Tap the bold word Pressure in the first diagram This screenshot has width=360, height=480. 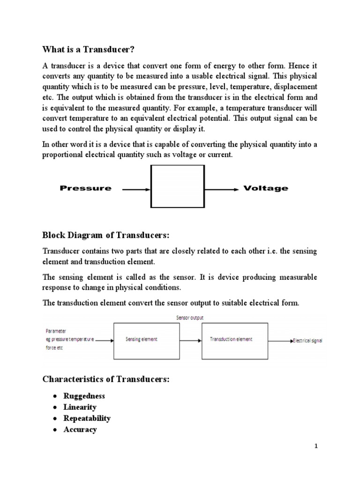[86, 188]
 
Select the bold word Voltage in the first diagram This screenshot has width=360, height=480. [266, 188]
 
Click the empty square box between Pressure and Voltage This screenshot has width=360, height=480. [177, 186]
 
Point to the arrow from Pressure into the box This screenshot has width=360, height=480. [136, 189]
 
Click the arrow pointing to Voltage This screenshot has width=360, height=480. [221, 189]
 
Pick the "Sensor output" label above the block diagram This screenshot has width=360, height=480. [190, 318]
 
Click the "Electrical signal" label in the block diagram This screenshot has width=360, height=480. [307, 340]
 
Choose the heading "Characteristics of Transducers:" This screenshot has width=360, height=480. [105, 379]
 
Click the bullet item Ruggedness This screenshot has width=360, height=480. [84, 396]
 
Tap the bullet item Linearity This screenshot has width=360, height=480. [80, 407]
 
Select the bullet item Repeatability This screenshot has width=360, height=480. [87, 418]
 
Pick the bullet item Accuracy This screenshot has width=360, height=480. [80, 429]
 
